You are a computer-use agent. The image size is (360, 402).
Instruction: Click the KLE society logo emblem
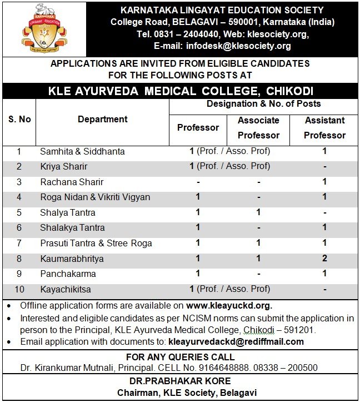pos(44,28)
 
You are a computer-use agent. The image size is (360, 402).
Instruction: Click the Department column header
pos(103,119)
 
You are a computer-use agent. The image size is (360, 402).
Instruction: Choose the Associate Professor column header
pos(258,127)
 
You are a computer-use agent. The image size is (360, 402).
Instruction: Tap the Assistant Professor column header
pos(324,127)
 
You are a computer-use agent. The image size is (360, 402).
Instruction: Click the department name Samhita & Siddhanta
pos(82,151)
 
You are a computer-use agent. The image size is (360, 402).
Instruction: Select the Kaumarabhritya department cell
pos(72,259)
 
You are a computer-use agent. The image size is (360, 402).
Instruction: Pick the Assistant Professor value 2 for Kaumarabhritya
pos(324,259)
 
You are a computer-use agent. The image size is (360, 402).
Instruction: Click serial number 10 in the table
pos(19,290)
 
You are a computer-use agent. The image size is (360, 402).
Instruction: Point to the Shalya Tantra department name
pos(68,212)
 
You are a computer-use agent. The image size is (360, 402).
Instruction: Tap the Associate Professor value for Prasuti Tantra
pos(258,243)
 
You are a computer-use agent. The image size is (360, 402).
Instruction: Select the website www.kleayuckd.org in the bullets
pos(229,306)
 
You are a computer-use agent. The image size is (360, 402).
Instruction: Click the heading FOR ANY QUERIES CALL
pos(180,357)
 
